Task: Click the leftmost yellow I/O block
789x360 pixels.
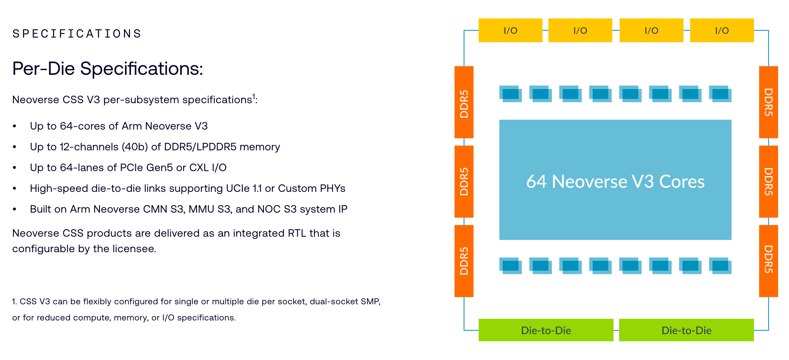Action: (510, 30)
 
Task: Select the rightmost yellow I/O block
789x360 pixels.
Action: (722, 30)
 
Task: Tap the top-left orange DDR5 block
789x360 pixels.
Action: (464, 102)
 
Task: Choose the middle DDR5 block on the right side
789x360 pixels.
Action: (769, 182)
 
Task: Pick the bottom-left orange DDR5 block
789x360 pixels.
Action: (464, 261)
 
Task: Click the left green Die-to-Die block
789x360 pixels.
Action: (546, 330)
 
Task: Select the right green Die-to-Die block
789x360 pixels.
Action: (686, 330)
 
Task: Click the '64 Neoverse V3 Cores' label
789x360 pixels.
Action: (615, 181)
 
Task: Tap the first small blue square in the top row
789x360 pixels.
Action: (511, 94)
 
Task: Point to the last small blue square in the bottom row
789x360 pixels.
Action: (720, 266)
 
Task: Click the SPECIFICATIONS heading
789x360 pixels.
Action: (77, 34)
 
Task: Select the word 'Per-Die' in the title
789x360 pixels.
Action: (44, 69)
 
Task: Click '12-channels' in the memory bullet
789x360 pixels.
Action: (89, 147)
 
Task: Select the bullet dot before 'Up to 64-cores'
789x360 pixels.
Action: (15, 126)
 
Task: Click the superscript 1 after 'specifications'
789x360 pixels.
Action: (254, 96)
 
